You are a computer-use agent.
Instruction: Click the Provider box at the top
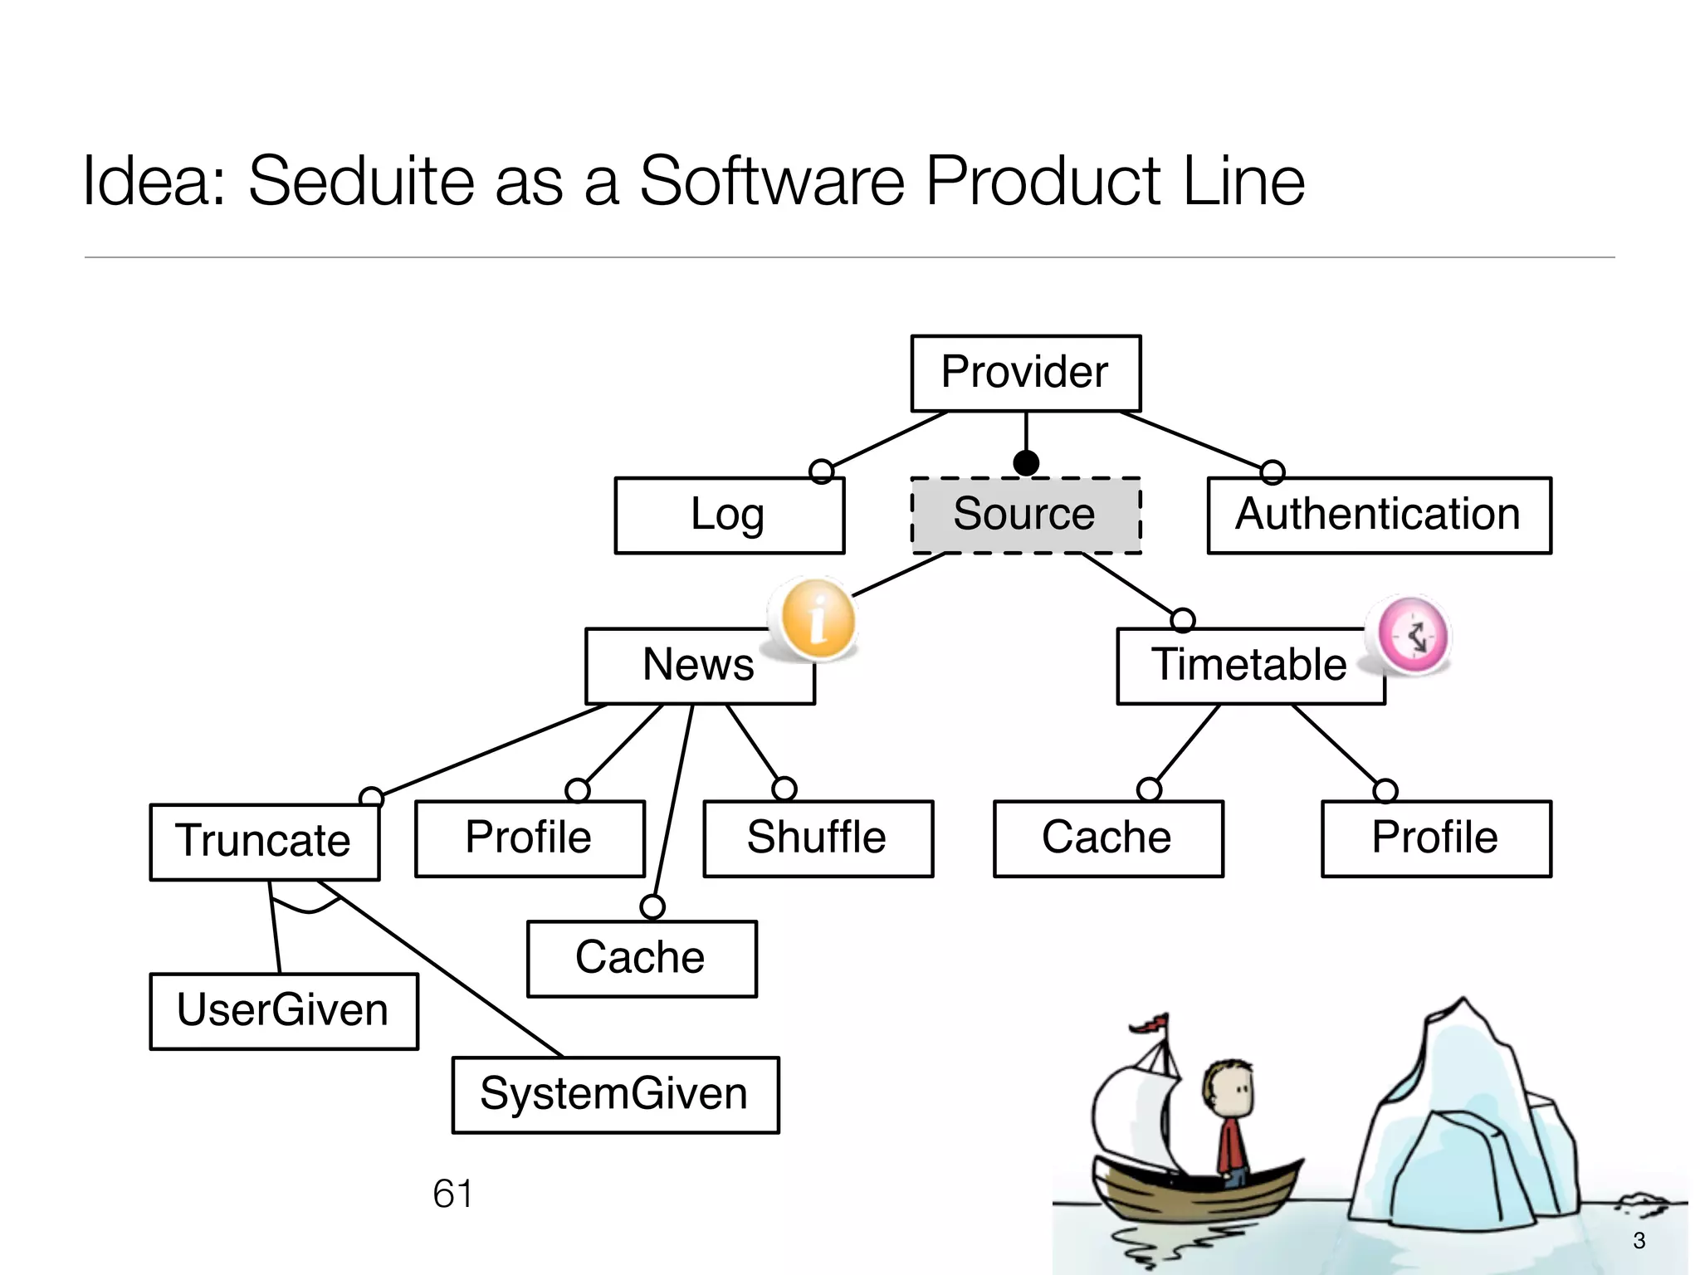pyautogui.click(x=1025, y=373)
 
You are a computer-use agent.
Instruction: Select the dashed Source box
pyautogui.click(x=1025, y=515)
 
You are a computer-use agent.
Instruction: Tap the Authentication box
pyautogui.click(x=1379, y=515)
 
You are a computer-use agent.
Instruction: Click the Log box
pyautogui.click(x=729, y=515)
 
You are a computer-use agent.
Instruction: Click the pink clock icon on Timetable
pyautogui.click(x=1413, y=635)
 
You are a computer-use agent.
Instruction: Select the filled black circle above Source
pyautogui.click(x=1026, y=462)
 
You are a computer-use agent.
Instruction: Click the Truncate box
pyautogui.click(x=264, y=841)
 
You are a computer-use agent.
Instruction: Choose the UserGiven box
pyautogui.click(x=283, y=1010)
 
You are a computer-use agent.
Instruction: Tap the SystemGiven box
pyautogui.click(x=615, y=1094)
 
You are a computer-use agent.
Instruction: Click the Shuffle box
pyautogui.click(x=818, y=838)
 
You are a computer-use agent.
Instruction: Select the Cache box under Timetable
pyautogui.click(x=1107, y=838)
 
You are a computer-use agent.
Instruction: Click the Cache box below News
pyautogui.click(x=641, y=958)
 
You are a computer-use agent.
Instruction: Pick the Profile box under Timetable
pyautogui.click(x=1435, y=838)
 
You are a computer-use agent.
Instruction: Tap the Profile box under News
pyautogui.click(x=530, y=838)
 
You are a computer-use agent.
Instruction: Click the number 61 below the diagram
pyautogui.click(x=452, y=1194)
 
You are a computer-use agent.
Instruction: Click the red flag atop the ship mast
pyautogui.click(x=1153, y=1023)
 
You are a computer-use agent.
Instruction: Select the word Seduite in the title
pyautogui.click(x=360, y=181)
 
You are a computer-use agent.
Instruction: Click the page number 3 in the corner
pyautogui.click(x=1639, y=1240)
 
